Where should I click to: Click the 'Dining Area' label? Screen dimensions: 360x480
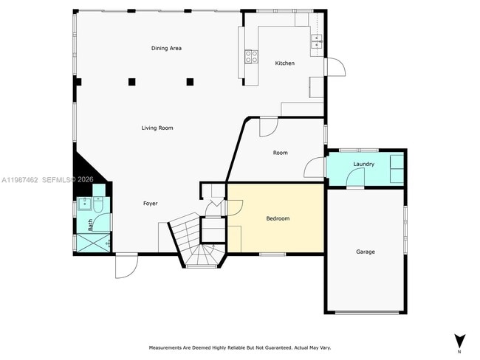pyautogui.click(x=166, y=49)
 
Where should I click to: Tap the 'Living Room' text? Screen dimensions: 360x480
pyautogui.click(x=157, y=128)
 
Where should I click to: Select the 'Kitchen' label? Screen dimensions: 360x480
pyautogui.click(x=284, y=63)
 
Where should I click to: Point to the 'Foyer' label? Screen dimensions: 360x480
pyautogui.click(x=150, y=204)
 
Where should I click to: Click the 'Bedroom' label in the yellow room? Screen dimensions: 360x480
pyautogui.click(x=278, y=219)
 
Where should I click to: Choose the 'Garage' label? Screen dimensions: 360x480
pyautogui.click(x=366, y=252)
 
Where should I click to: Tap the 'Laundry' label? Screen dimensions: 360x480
pyautogui.click(x=363, y=164)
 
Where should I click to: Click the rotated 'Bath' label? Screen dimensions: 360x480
pyautogui.click(x=91, y=225)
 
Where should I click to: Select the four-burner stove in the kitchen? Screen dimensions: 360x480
pyautogui.click(x=251, y=55)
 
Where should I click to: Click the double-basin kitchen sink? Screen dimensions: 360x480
pyautogui.click(x=318, y=41)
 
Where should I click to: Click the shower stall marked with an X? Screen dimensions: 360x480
pyautogui.click(x=92, y=243)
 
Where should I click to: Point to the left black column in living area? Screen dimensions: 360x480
pyautogui.click(x=131, y=81)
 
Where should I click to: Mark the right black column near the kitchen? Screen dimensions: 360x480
pyautogui.click(x=190, y=81)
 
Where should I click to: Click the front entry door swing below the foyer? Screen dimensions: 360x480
pyautogui.click(x=126, y=266)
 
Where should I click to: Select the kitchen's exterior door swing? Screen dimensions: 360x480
pyautogui.click(x=335, y=66)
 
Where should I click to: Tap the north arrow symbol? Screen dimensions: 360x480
pyautogui.click(x=459, y=341)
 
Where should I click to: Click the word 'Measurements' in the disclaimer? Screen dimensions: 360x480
pyautogui.click(x=168, y=347)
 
